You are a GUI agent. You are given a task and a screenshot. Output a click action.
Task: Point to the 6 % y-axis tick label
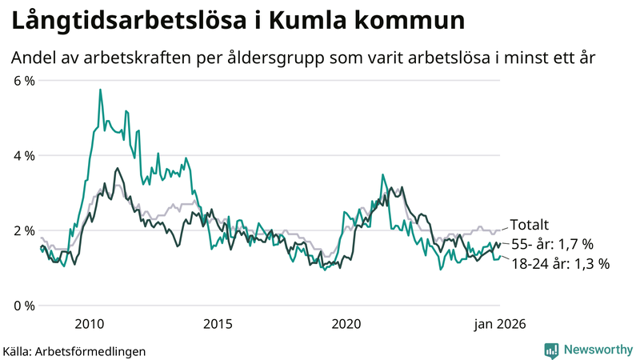tap(23, 80)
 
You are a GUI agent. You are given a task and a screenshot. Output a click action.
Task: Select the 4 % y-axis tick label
tap(23, 155)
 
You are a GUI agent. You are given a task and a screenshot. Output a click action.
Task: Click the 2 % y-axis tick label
tap(23, 230)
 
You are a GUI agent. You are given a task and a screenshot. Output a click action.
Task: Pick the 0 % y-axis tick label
tap(23, 306)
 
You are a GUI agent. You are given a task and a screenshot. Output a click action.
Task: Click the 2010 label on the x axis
tap(89, 323)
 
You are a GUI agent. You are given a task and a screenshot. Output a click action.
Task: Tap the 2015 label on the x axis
tap(218, 323)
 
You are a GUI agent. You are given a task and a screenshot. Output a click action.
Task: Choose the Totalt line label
tap(530, 226)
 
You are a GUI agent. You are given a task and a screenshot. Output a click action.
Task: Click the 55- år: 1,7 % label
tap(553, 245)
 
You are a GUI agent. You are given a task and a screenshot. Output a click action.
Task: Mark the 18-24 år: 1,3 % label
tap(560, 263)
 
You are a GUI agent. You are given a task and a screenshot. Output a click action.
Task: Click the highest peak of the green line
tap(100, 90)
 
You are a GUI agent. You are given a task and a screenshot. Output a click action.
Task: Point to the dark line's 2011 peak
tap(118, 169)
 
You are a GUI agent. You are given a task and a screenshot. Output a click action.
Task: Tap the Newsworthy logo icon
tap(551, 350)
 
